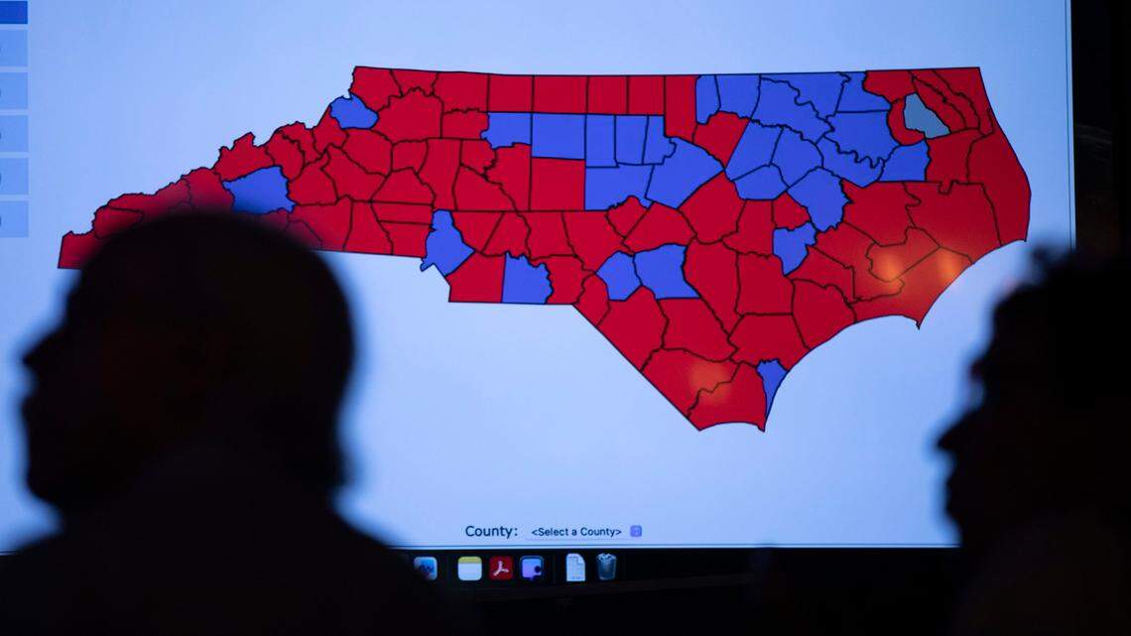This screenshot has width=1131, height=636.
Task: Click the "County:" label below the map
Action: click(x=491, y=531)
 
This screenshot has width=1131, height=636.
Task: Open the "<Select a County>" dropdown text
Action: click(x=576, y=532)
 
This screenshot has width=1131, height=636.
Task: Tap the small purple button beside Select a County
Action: click(x=636, y=531)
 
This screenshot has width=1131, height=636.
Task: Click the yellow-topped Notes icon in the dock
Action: click(x=469, y=568)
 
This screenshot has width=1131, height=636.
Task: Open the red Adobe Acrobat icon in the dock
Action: click(x=501, y=568)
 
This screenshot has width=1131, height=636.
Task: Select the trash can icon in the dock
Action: click(x=606, y=567)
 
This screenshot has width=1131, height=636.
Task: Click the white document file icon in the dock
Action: click(x=575, y=567)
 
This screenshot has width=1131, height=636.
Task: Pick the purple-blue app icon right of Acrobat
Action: click(x=532, y=568)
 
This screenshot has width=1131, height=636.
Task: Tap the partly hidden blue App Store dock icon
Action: click(x=426, y=568)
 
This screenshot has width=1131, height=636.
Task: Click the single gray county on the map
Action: click(x=923, y=116)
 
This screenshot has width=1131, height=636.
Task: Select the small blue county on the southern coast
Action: click(x=771, y=380)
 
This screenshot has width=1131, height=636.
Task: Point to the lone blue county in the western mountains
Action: click(x=260, y=190)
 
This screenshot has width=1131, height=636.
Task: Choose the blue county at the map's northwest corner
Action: click(x=353, y=112)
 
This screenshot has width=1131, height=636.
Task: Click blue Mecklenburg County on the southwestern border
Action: click(x=445, y=244)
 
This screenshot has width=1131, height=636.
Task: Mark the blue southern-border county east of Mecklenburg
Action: click(x=525, y=281)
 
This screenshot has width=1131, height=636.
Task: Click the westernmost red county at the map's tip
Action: click(x=76, y=249)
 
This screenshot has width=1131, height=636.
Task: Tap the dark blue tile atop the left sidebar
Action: click(x=13, y=12)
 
